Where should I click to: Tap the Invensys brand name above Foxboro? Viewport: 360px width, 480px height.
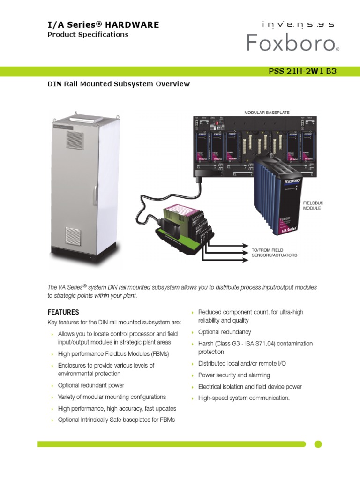(292, 24)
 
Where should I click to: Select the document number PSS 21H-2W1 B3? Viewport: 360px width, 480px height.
(302, 71)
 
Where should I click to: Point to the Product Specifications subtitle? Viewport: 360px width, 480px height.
(88, 35)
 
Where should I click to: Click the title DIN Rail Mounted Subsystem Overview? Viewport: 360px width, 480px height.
(119, 84)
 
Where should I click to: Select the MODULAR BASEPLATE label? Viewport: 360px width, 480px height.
(266, 113)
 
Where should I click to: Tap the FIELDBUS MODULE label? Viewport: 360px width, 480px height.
(313, 205)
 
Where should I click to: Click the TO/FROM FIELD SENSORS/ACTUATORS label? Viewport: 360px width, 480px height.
(274, 253)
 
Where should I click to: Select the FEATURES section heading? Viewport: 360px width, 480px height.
(63, 312)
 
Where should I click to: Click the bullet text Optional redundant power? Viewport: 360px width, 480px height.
(91, 385)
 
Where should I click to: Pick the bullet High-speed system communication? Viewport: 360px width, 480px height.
(244, 398)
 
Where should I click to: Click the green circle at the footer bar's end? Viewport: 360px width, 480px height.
(318, 444)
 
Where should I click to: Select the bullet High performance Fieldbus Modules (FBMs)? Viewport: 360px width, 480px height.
(113, 353)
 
